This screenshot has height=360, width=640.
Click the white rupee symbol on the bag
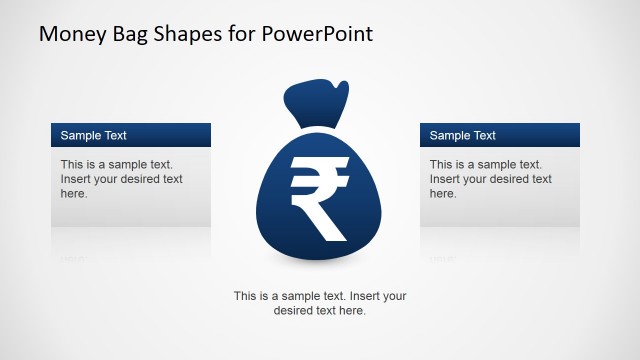click(319, 197)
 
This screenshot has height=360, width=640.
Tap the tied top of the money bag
click(318, 100)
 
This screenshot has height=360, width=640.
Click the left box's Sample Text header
click(93, 135)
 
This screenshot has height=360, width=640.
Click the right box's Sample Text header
click(462, 135)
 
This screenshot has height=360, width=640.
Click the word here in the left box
click(73, 194)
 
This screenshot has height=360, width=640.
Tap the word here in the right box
click(442, 194)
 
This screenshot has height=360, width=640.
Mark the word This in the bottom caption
click(246, 296)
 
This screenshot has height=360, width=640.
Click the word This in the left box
click(72, 164)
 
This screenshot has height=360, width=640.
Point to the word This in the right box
click(441, 164)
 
